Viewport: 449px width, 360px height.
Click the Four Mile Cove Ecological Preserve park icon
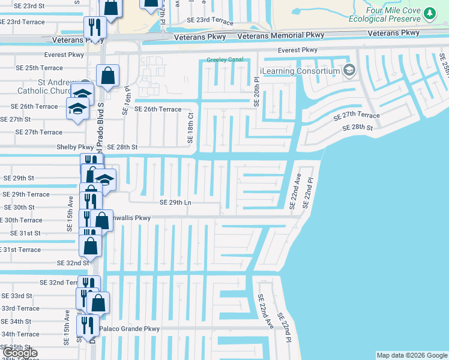(x=429, y=13)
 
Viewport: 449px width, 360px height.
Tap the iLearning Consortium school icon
(x=348, y=71)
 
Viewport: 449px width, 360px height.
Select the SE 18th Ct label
(x=190, y=127)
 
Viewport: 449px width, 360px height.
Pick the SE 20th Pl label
(x=256, y=91)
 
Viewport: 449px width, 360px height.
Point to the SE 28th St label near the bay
(x=358, y=128)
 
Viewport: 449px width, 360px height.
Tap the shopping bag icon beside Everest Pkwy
(x=107, y=76)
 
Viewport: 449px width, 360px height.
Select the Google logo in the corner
(x=20, y=353)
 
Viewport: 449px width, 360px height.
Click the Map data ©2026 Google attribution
(x=411, y=355)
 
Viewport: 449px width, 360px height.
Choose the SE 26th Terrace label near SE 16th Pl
(x=157, y=109)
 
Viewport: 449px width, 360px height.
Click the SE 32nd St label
(x=73, y=263)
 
